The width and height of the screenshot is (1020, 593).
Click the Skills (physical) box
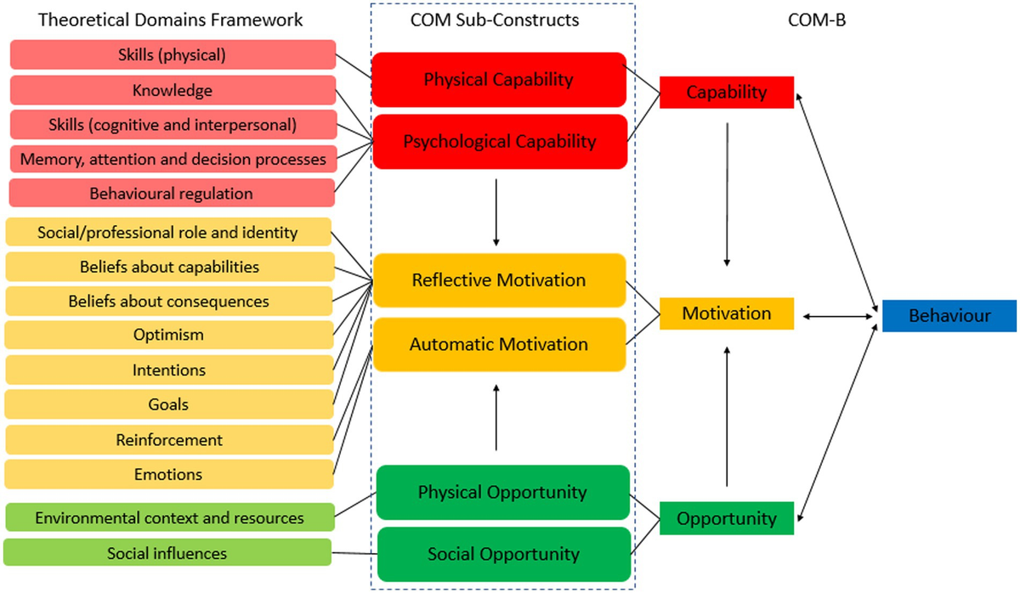173,55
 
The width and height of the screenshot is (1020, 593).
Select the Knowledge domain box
173,90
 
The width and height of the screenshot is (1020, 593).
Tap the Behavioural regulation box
172,194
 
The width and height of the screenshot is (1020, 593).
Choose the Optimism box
168,335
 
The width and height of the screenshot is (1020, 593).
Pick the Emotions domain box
168,474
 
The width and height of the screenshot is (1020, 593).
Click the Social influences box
167,553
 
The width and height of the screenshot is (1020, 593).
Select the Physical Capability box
500,80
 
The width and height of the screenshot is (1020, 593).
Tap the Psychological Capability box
500,141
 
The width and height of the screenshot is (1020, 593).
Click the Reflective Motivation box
500,280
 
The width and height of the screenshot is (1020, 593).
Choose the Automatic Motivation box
500,344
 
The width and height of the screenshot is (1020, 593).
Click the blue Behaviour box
949,315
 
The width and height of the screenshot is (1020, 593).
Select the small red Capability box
727,93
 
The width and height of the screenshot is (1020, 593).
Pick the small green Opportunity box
727,517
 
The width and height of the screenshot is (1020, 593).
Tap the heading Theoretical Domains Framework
170,20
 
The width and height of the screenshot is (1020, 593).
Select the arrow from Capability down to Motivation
728,195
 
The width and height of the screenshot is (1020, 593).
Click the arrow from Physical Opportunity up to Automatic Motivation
496,416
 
